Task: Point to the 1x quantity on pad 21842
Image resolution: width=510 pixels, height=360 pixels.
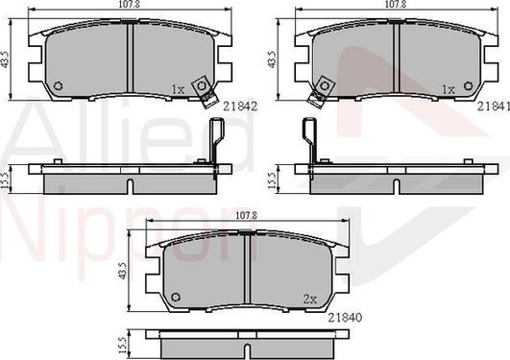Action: click(x=177, y=89)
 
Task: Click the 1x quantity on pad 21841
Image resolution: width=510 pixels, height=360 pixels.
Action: click(x=447, y=89)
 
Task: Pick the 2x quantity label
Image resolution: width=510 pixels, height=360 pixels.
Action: click(x=310, y=299)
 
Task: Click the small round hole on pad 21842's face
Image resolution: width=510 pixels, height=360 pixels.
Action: click(x=58, y=85)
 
